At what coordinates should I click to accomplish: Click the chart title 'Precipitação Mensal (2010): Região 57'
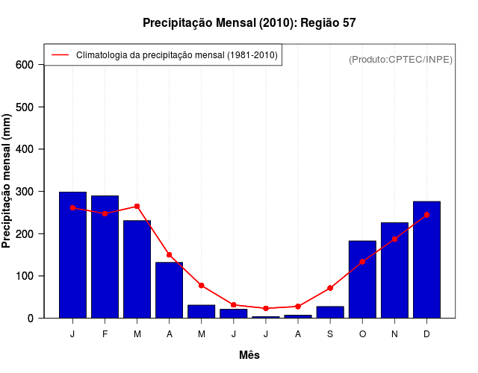click(249, 23)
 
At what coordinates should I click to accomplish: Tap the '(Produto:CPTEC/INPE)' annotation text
click(400, 59)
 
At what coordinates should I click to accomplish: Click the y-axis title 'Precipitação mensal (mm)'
click(7, 181)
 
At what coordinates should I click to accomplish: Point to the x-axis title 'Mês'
click(249, 355)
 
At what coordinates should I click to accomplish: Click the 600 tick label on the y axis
click(25, 65)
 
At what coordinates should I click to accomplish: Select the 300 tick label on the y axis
click(25, 192)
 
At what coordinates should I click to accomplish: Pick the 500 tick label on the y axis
click(25, 107)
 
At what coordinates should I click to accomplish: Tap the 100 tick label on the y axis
click(25, 276)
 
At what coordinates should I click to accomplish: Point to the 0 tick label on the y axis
click(31, 319)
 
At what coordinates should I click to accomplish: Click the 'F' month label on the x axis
click(105, 334)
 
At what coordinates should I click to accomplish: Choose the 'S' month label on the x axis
click(330, 334)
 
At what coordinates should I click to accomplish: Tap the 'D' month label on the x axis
click(426, 334)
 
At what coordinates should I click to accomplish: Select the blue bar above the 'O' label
click(362, 280)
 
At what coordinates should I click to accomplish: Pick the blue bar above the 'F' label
click(105, 257)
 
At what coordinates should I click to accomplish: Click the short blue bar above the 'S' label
click(330, 312)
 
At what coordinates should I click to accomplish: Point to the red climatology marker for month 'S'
click(330, 288)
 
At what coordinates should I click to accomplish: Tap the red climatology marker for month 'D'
click(426, 215)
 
